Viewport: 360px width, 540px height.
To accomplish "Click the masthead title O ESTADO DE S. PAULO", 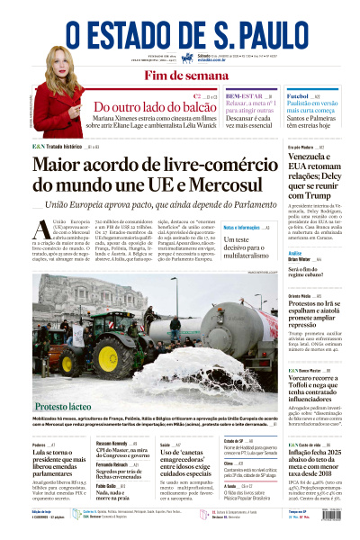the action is pos(181,28).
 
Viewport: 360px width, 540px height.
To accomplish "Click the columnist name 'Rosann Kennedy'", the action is pos(112,444).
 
